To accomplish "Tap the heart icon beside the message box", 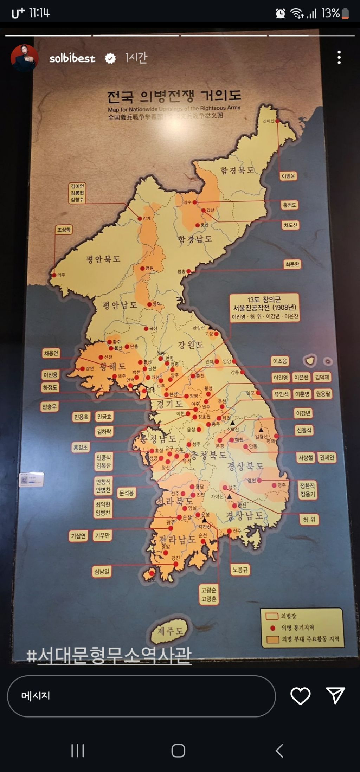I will click(x=300, y=696).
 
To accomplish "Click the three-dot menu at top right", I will click(x=339, y=57).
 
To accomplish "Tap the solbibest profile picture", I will click(x=25, y=58).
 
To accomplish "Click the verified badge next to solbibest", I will click(x=110, y=58).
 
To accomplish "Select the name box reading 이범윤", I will click(x=288, y=176).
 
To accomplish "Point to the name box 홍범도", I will click(x=289, y=205).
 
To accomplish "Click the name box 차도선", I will click(x=290, y=225).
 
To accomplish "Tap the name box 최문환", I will click(x=292, y=264).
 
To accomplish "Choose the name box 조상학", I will click(x=64, y=230).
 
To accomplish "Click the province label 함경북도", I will click(x=237, y=171).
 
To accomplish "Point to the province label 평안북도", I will click(x=103, y=259).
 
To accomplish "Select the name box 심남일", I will click(x=102, y=571).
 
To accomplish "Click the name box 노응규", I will click(x=240, y=569).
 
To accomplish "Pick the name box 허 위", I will click(x=309, y=519).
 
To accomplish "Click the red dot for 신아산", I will click(x=277, y=121).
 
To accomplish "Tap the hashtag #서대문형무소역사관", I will click(x=109, y=655).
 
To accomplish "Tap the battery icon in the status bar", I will click(x=345, y=13).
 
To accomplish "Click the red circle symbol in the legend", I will click(x=272, y=628).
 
